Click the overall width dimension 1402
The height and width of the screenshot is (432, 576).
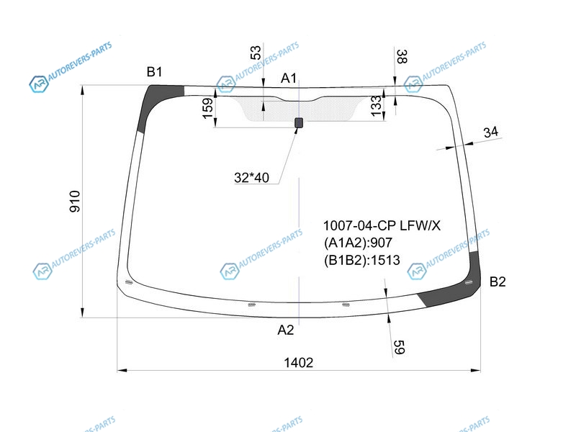298,363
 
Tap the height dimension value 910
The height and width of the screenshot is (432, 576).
75,202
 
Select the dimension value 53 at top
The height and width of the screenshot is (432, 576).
256,53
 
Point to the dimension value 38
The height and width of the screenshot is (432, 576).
402,57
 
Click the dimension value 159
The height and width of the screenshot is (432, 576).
208,109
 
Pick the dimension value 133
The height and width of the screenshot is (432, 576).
376,106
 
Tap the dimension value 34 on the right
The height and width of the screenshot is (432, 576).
491,132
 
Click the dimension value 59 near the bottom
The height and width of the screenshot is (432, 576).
399,347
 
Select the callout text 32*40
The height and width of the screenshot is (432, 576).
251,178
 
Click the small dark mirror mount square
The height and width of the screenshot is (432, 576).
299,122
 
